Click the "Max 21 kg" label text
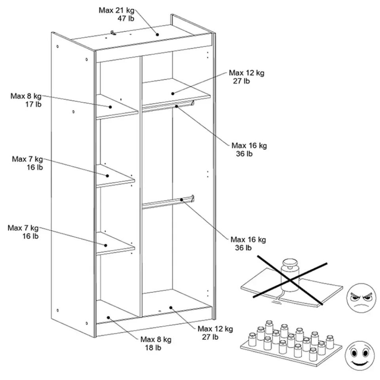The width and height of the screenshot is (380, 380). (x=116, y=10)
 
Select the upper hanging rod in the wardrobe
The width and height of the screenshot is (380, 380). (x=168, y=106)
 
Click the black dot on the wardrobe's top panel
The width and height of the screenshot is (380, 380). (x=157, y=34)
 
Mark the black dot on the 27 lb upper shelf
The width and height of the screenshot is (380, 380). (x=173, y=93)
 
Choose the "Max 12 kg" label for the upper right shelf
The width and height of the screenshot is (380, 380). (x=247, y=73)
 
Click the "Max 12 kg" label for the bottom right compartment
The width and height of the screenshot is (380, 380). (x=215, y=329)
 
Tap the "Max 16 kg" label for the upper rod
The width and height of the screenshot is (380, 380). (x=249, y=145)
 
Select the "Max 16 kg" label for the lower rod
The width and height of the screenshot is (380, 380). (x=248, y=239)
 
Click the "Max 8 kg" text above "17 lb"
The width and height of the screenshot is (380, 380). (x=26, y=96)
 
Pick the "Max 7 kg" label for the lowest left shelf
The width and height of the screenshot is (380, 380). (x=23, y=228)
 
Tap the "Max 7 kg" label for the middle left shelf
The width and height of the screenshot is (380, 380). (x=27, y=159)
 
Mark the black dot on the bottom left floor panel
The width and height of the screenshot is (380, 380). (x=108, y=317)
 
